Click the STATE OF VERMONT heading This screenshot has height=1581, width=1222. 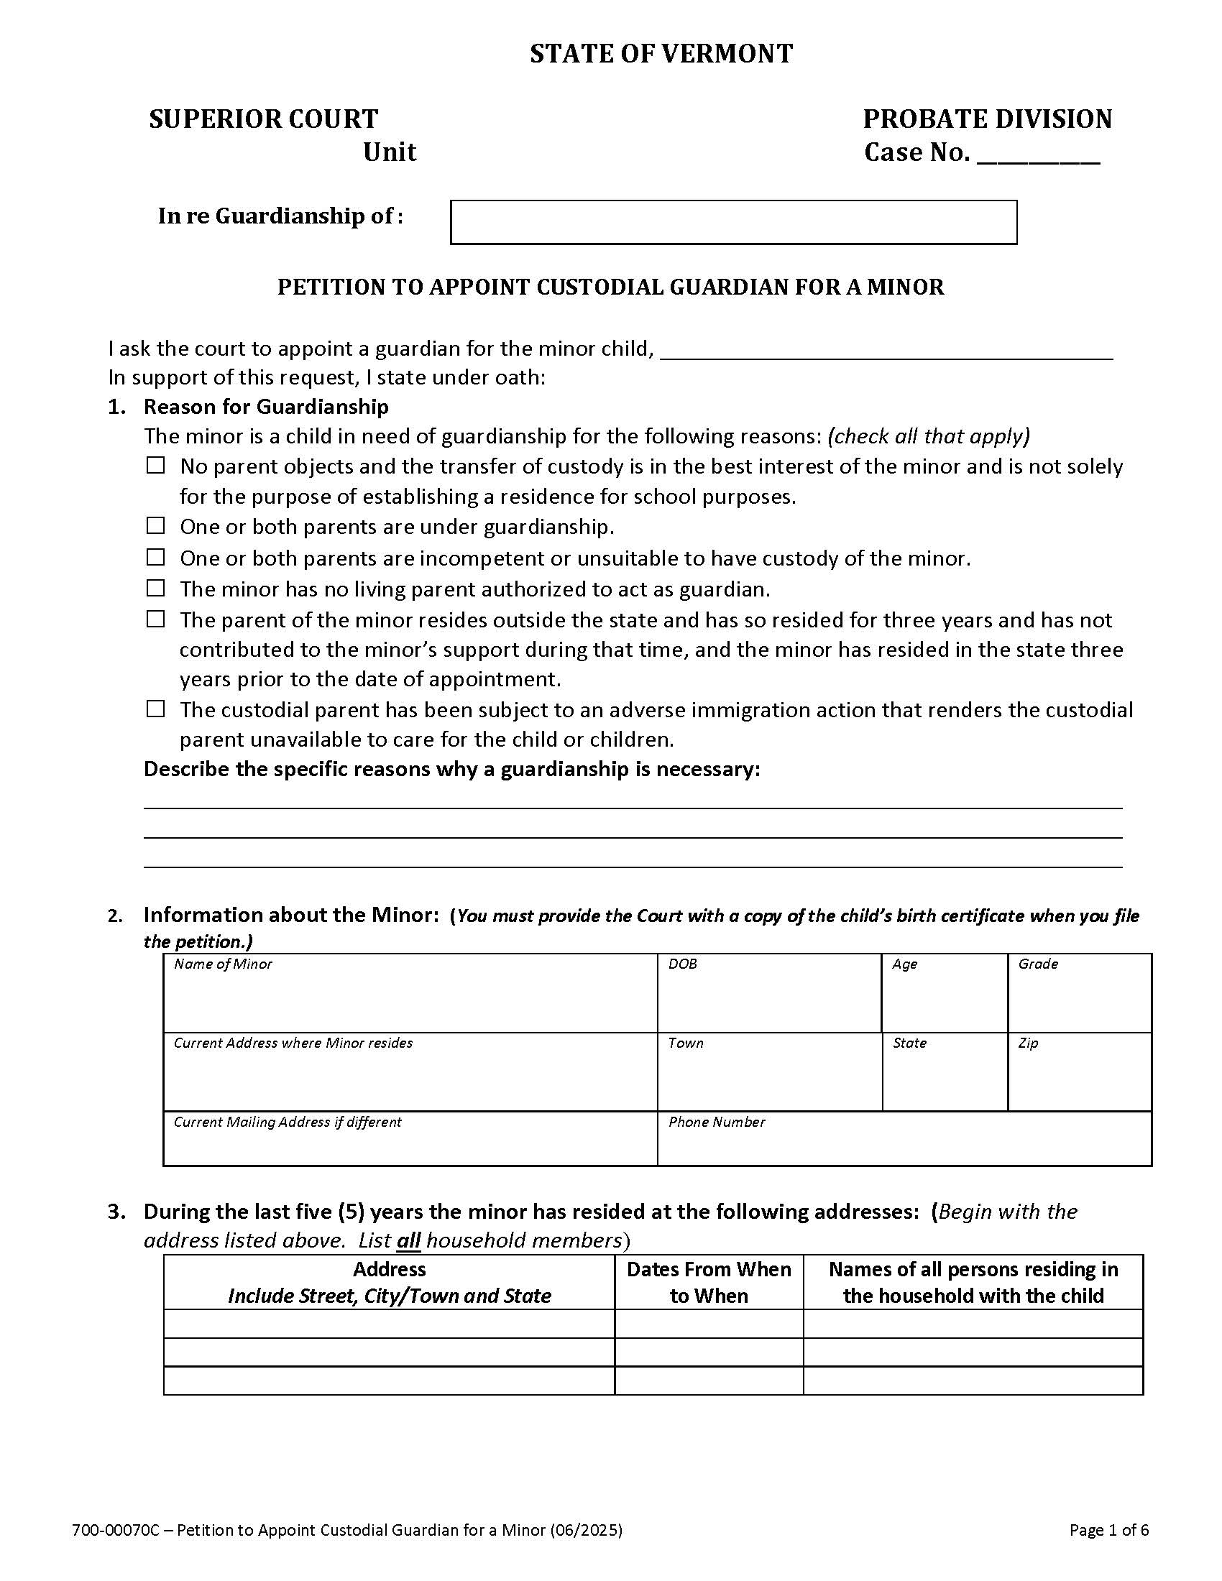661,54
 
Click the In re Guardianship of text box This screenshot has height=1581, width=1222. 732,222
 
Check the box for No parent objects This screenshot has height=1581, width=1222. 156,465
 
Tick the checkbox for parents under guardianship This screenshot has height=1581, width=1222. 156,525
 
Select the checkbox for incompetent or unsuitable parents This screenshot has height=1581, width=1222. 156,557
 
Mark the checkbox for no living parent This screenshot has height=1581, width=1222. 156,588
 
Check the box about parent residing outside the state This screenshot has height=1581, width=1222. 156,619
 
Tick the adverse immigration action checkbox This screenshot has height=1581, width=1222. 156,709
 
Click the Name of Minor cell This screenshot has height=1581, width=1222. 410,993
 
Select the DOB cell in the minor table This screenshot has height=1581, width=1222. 769,993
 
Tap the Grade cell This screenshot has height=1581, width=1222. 1079,993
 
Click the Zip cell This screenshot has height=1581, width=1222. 1079,1072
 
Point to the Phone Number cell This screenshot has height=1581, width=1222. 904,1139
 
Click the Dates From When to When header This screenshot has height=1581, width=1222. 708,1282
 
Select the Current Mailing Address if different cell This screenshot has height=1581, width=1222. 410,1139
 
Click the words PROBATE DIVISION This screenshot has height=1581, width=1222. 987,119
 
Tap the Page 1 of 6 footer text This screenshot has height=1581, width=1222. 1109,1529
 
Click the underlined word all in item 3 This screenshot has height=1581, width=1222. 408,1241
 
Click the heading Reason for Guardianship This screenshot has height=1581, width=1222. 266,407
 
